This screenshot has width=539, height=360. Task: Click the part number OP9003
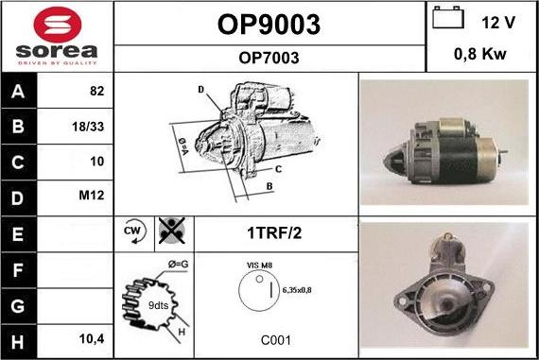coord(269,24)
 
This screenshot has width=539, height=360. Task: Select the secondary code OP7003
coord(269,58)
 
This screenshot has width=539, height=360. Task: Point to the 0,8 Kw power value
coord(480,54)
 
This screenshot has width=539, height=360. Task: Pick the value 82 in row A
coord(96,93)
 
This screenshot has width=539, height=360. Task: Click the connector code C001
coord(275,340)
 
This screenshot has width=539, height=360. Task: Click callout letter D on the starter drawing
coord(201,89)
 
